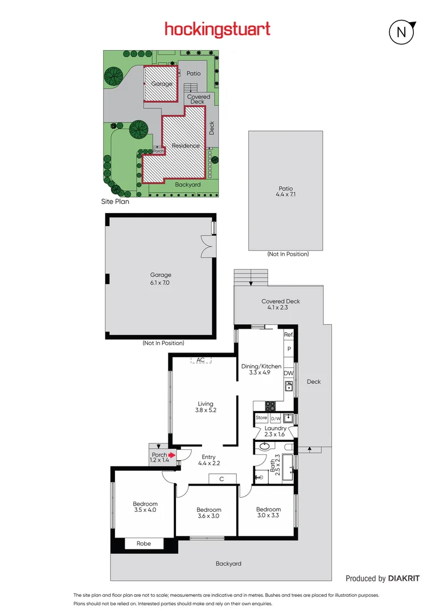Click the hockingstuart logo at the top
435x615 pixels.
click(217, 30)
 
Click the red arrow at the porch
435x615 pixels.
click(171, 455)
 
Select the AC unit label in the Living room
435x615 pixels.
click(200, 360)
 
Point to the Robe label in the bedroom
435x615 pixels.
click(143, 543)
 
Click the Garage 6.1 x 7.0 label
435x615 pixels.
click(161, 278)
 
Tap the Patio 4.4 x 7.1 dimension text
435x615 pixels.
click(285, 191)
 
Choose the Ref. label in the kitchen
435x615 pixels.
click(289, 335)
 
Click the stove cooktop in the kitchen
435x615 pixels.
click(270, 406)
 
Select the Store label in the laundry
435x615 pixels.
click(261, 418)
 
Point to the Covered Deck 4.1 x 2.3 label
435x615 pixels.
click(280, 305)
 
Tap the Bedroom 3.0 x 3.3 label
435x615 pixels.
click(268, 512)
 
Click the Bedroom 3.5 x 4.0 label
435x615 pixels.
click(145, 507)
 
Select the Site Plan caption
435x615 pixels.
click(116, 202)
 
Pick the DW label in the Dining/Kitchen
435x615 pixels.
click(289, 374)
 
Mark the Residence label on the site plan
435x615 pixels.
click(186, 146)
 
